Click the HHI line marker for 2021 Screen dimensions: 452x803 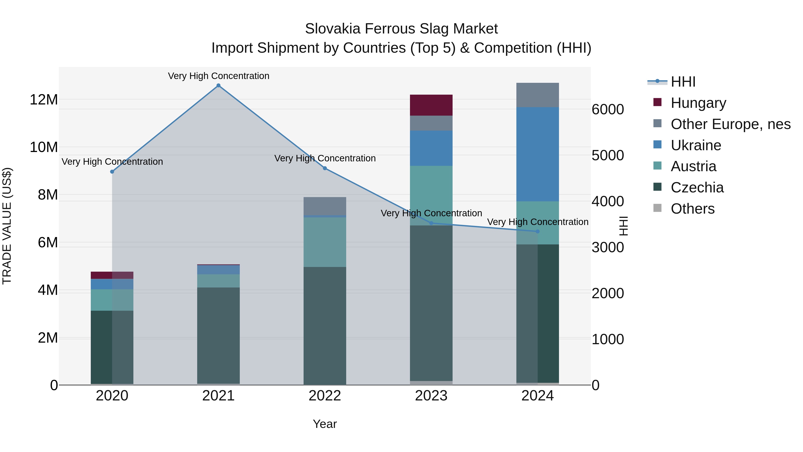(x=219, y=85)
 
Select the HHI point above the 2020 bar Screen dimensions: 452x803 (x=112, y=172)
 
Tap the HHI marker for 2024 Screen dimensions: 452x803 (x=537, y=231)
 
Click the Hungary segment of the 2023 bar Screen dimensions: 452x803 (x=431, y=105)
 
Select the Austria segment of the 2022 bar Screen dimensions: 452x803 (x=325, y=242)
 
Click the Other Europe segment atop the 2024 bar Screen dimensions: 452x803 (x=537, y=95)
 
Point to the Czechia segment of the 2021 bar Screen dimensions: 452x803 (x=219, y=335)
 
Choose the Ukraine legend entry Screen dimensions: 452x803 (x=696, y=145)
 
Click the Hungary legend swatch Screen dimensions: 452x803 (x=657, y=102)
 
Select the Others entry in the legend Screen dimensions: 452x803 (x=692, y=209)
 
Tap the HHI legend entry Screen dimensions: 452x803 (x=683, y=82)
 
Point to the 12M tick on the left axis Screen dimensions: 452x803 (x=44, y=100)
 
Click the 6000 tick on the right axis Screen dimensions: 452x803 (x=608, y=110)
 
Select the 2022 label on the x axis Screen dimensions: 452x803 (x=325, y=396)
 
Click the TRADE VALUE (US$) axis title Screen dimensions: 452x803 (x=7, y=226)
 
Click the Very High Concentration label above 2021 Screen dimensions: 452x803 (x=219, y=76)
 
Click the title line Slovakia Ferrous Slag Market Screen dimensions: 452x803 (x=401, y=29)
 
